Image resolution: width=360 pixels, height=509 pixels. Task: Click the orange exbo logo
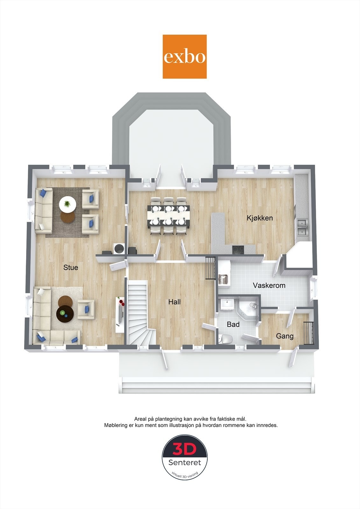[185, 57]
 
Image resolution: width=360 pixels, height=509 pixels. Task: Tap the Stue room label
[71, 268]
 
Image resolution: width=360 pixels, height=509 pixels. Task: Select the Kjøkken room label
[260, 218]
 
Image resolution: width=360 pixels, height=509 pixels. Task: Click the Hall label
[174, 302]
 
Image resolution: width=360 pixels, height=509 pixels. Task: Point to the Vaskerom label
[269, 285]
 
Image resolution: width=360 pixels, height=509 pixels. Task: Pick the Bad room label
[233, 325]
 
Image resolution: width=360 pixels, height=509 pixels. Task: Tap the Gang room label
[285, 336]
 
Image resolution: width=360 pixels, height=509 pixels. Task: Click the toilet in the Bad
[225, 339]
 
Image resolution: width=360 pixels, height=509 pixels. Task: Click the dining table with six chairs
[169, 216]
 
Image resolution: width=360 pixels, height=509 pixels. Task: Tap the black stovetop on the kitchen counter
[238, 249]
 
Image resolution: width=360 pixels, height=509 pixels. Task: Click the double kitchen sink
[302, 227]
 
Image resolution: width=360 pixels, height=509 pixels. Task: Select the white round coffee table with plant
[67, 203]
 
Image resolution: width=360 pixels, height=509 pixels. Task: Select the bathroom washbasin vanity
[227, 304]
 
